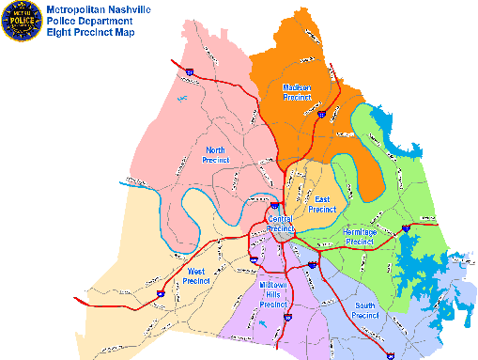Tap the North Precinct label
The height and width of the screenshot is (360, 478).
pyautogui.click(x=216, y=154)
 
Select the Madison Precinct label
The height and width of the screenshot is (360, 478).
pyautogui.click(x=297, y=92)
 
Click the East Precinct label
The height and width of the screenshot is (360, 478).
pyautogui.click(x=322, y=204)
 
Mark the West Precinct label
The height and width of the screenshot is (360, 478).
pyautogui.click(x=195, y=275)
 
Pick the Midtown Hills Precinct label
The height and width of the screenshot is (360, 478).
pyautogui.click(x=272, y=295)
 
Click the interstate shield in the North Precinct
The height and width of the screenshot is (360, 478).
pyautogui.click(x=190, y=71)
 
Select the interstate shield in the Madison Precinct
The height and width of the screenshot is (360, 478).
pyautogui.click(x=321, y=115)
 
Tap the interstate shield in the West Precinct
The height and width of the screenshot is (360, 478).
pyautogui.click(x=160, y=292)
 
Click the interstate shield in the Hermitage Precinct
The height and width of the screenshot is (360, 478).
pyautogui.click(x=405, y=227)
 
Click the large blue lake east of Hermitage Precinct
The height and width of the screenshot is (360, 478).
pyautogui.click(x=413, y=254)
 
